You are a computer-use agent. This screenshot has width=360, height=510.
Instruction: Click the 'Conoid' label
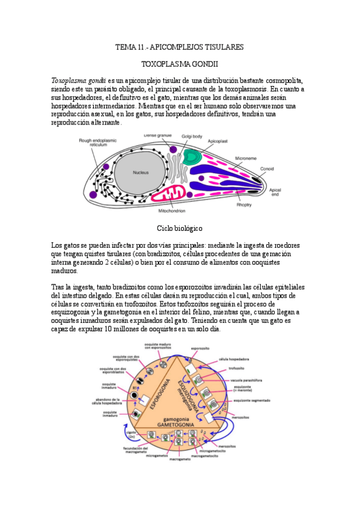point(267,169)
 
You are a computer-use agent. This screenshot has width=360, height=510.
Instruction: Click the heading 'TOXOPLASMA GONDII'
point(179,63)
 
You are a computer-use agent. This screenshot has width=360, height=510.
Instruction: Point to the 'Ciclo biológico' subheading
point(179,229)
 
